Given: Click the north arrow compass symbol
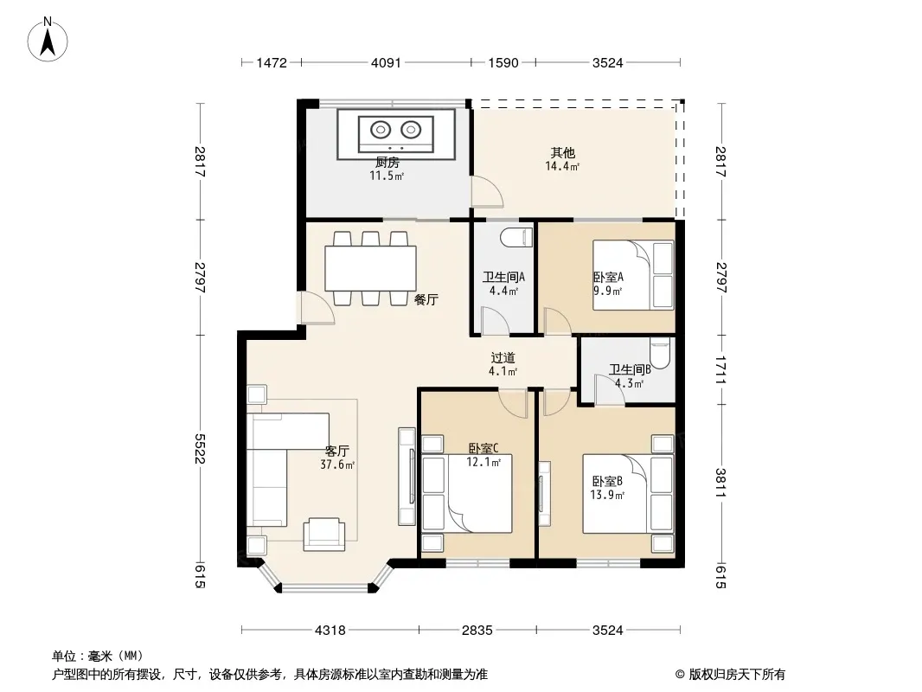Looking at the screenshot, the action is pyautogui.click(x=48, y=40).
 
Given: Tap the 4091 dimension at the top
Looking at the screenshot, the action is pyautogui.click(x=386, y=63).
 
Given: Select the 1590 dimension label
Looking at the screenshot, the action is pyautogui.click(x=503, y=63).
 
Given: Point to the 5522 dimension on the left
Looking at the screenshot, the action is pyautogui.click(x=201, y=449).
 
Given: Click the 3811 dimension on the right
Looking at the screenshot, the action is pyautogui.click(x=720, y=483).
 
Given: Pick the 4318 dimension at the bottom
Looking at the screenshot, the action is pyautogui.click(x=330, y=631).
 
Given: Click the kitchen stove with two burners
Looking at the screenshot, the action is pyautogui.click(x=396, y=133).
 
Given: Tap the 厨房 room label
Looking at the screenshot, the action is pyautogui.click(x=387, y=163).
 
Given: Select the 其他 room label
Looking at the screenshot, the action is pyautogui.click(x=563, y=153).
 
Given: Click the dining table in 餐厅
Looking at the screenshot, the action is pyautogui.click(x=370, y=268).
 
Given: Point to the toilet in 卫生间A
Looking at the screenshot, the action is pyautogui.click(x=516, y=237).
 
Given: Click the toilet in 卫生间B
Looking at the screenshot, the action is pyautogui.click(x=660, y=353).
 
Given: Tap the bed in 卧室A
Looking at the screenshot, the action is pyautogui.click(x=633, y=274).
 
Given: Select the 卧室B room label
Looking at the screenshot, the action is pyautogui.click(x=607, y=482).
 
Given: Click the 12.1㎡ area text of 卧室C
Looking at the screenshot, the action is pyautogui.click(x=483, y=462).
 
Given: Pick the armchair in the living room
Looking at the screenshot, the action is pyautogui.click(x=324, y=534).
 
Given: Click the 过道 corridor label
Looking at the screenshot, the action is pyautogui.click(x=503, y=357).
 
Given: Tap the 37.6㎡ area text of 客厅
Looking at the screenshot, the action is pyautogui.click(x=337, y=465).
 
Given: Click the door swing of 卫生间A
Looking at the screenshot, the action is pyautogui.click(x=495, y=320).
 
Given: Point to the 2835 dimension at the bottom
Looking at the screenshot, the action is pyautogui.click(x=477, y=631).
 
